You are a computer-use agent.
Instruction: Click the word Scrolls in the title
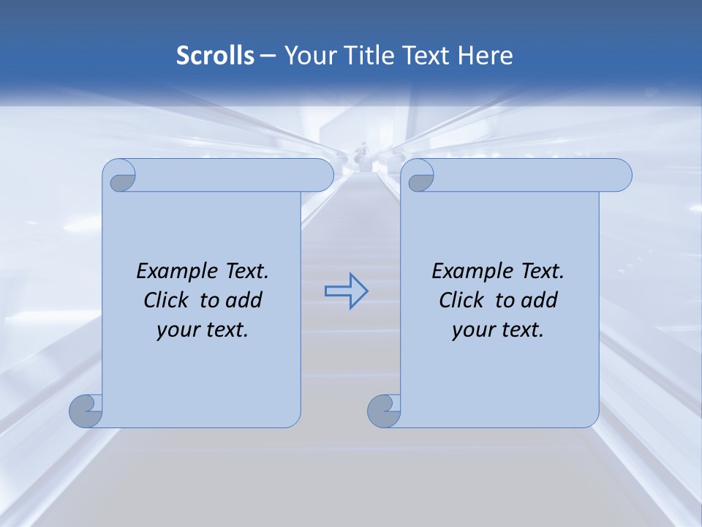coord(216,56)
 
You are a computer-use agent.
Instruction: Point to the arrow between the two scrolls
coord(346,291)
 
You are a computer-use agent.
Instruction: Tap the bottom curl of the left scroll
coord(86,411)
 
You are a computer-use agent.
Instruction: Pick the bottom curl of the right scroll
coord(384,411)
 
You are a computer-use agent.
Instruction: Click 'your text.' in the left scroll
coord(203,329)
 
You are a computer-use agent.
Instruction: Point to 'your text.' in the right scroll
coord(498,329)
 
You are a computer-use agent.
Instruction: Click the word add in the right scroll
coord(540,300)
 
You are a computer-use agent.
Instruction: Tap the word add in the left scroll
coord(244,300)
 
